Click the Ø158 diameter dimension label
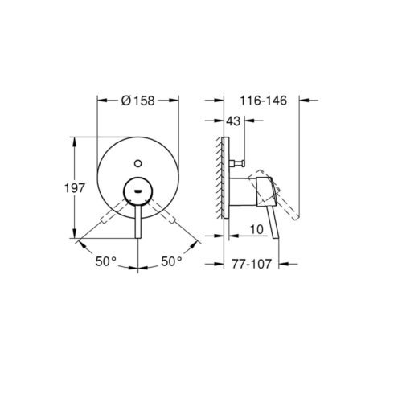pos(137,101)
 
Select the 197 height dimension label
pos(74,188)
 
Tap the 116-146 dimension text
pos(263,101)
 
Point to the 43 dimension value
pos(233,121)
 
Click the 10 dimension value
pos(256,229)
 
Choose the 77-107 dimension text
pos(252,264)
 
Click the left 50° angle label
pos(106,261)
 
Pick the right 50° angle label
pos(171,261)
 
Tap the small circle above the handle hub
pos(138,163)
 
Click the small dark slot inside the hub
pos(138,191)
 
